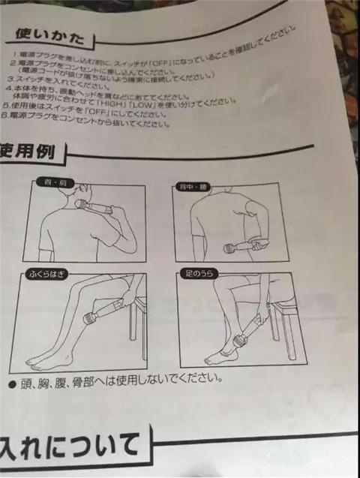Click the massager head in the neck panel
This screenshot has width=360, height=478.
click(80, 204)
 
